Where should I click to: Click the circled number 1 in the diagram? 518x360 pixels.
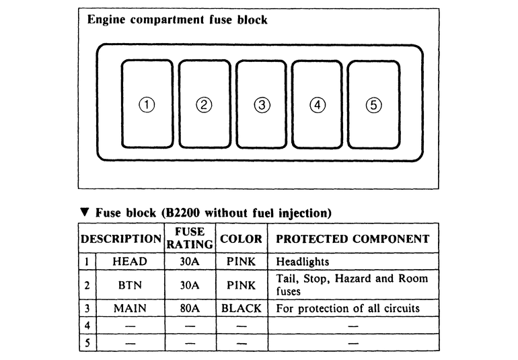pos(147,104)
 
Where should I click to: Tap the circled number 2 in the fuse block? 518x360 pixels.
pos(205,104)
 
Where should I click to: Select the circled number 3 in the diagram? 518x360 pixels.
pos(262,104)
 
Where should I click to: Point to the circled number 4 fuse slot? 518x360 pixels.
pos(318,104)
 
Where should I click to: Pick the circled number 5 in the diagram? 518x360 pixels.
pos(374,104)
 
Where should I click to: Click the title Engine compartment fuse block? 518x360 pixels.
pos(178,20)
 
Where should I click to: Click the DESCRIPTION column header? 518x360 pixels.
pos(122,239)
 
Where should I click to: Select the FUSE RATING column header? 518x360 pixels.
pos(189,239)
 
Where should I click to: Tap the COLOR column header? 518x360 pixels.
pos(241,239)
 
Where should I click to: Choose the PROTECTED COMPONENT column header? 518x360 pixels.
pos(353,239)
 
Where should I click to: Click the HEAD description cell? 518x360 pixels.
pos(131,261)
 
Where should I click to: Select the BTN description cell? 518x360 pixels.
pos(131,285)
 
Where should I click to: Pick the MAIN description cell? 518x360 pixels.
pos(131,308)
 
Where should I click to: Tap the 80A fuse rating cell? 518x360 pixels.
pos(190,308)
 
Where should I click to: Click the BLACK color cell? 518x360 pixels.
pos(241,308)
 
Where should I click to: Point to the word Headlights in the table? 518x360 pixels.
pos(303,262)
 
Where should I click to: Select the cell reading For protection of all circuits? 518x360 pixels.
pos(348,308)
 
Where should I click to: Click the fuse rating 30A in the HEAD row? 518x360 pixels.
pos(190,261)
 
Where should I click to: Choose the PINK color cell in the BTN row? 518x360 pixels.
pos(241,285)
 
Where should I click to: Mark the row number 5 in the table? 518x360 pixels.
pos(88,342)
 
